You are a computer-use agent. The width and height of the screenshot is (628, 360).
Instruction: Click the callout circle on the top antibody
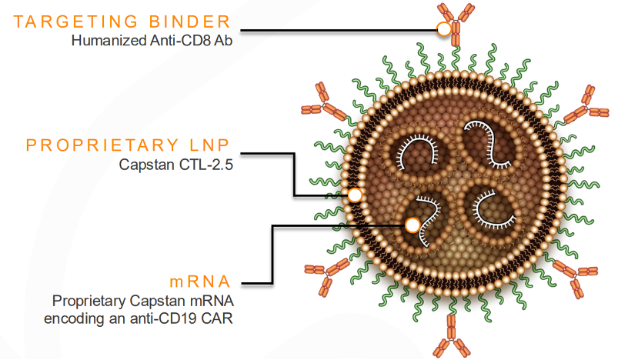[x=444, y=29]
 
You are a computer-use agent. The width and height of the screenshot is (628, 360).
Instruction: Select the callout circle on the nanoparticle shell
[x=355, y=195]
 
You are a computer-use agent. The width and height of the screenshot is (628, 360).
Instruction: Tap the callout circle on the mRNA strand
[x=413, y=225]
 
